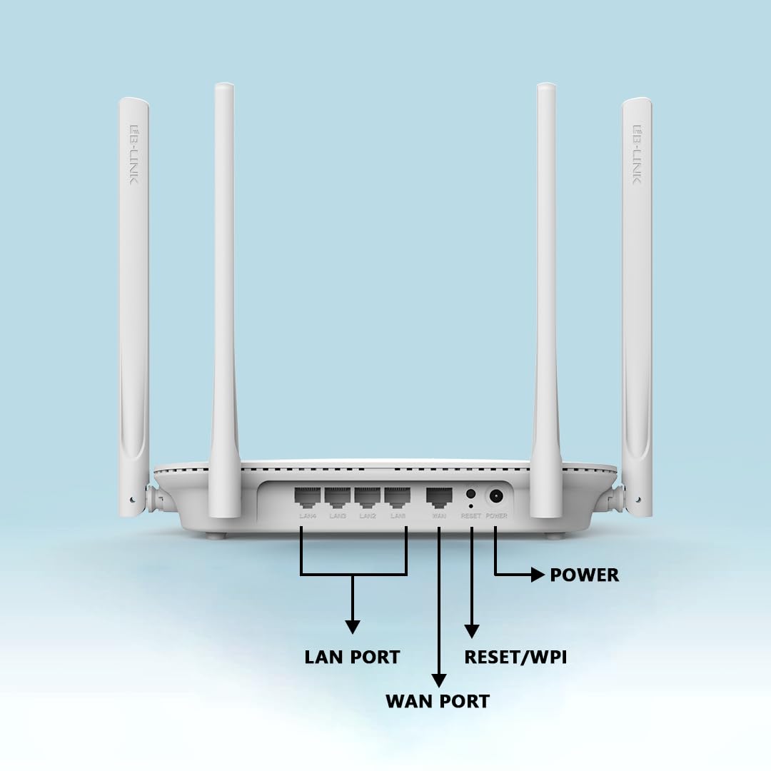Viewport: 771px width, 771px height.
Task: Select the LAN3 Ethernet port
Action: click(338, 497)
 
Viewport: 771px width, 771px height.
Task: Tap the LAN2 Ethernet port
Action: click(368, 497)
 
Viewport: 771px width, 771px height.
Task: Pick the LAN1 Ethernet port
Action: click(398, 497)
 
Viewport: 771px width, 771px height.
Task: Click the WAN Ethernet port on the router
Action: click(439, 497)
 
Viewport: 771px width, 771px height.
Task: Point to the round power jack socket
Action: click(495, 495)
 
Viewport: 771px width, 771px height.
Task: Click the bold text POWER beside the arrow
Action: click(584, 575)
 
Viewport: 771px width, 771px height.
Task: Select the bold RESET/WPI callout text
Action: click(515, 657)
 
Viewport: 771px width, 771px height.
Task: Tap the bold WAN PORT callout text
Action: click(438, 701)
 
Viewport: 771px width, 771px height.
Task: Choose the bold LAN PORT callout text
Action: click(352, 657)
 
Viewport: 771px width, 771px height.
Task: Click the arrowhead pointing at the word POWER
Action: click(538, 575)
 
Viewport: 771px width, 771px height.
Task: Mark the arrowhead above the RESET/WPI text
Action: click(472, 630)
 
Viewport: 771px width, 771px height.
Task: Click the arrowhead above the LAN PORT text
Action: click(353, 626)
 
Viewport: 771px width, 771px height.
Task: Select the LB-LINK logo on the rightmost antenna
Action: click(637, 153)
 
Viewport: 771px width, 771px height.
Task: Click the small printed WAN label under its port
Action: click(439, 515)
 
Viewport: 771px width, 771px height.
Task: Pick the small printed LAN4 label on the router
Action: click(308, 515)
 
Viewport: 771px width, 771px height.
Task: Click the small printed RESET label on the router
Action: click(471, 515)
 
